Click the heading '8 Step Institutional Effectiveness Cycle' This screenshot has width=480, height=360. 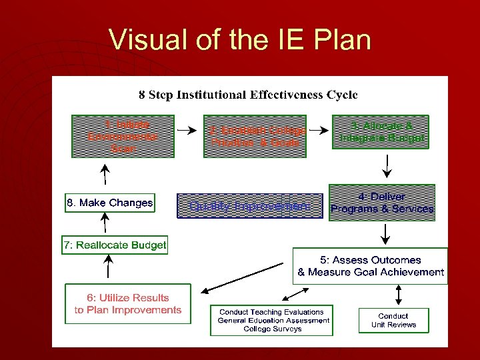[248, 94]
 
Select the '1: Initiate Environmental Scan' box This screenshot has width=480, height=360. [123, 137]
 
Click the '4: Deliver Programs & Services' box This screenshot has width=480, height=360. [382, 203]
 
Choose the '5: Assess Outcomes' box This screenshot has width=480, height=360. [370, 266]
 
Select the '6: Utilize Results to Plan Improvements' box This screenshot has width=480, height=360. [127, 304]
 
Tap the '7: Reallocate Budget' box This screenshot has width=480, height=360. [115, 245]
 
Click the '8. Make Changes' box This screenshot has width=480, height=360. [109, 203]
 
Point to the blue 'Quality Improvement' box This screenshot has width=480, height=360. [249, 206]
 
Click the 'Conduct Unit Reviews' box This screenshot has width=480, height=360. [393, 321]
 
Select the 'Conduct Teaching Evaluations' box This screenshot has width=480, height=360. [271, 321]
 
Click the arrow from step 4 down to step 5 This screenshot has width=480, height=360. [385, 233]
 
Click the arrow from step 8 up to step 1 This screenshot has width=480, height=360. [105, 175]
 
